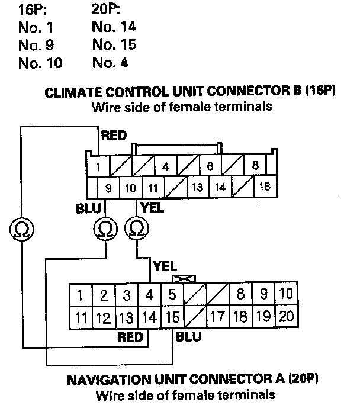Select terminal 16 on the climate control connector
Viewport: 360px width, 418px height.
[264, 188]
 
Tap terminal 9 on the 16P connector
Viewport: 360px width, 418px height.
[108, 188]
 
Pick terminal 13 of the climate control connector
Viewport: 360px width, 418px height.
[197, 188]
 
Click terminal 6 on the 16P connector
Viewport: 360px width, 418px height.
[210, 166]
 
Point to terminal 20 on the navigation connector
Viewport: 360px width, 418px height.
[286, 316]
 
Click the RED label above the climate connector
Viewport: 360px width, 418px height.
[114, 136]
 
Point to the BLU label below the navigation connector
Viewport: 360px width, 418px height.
[188, 337]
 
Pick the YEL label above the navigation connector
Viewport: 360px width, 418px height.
[165, 266]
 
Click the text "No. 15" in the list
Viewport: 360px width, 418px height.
[114, 44]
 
